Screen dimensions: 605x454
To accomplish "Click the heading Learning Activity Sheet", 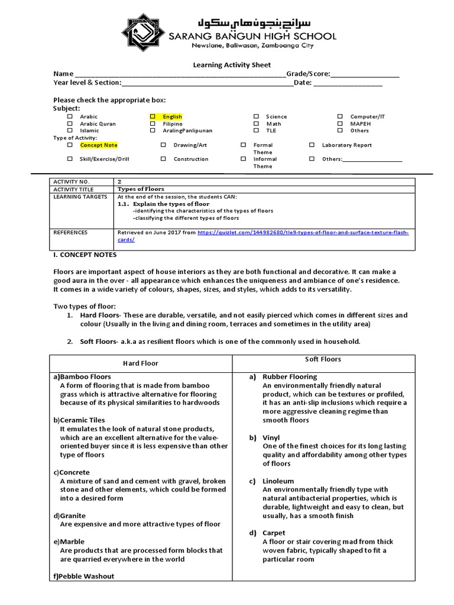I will tap(232, 65).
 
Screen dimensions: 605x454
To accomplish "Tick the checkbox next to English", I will tap(153, 117).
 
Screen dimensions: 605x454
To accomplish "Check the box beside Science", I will tap(257, 117).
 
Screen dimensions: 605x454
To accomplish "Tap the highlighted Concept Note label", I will tap(99, 145).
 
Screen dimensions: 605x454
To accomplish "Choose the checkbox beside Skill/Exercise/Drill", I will tap(70, 159).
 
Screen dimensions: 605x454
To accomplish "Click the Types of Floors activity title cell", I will tap(141, 189).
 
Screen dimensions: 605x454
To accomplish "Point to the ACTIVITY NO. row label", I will tap(70, 181).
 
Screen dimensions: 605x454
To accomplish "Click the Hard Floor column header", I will tap(140, 363).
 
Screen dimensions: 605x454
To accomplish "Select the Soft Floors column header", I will tap(323, 359).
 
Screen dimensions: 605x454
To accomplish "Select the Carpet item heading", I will tap(274, 533).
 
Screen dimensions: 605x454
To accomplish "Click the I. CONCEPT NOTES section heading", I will tap(85, 255).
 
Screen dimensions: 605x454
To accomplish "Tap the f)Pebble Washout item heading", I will tap(84, 576).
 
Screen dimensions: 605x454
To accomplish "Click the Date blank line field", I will tap(348, 83).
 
